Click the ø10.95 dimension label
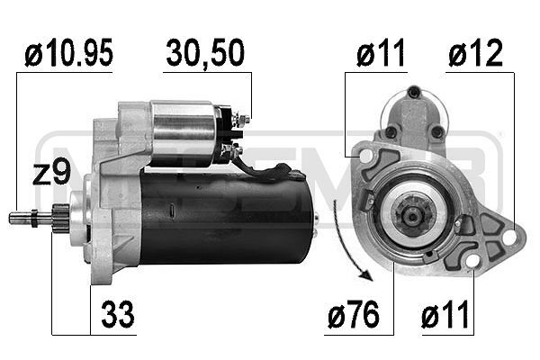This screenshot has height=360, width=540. coord(68,55)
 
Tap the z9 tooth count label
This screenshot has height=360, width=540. coord(51,173)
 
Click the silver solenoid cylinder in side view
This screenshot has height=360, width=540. coord(184,133)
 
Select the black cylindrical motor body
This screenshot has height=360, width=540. coord(225,219)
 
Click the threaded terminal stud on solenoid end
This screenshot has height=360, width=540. coord(244,116)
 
